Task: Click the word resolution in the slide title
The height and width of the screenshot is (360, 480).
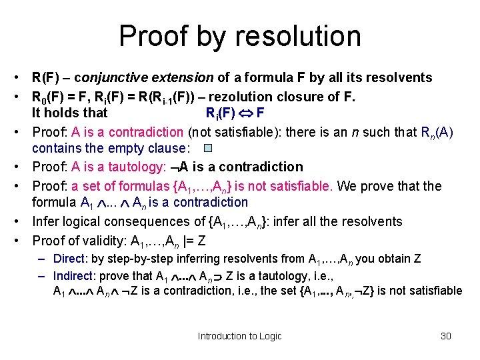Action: (x=295, y=36)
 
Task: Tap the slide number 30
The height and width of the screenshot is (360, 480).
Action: (x=446, y=336)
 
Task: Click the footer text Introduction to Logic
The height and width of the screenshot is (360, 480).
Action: (x=239, y=336)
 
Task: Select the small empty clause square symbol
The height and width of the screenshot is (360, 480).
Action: (x=207, y=148)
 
